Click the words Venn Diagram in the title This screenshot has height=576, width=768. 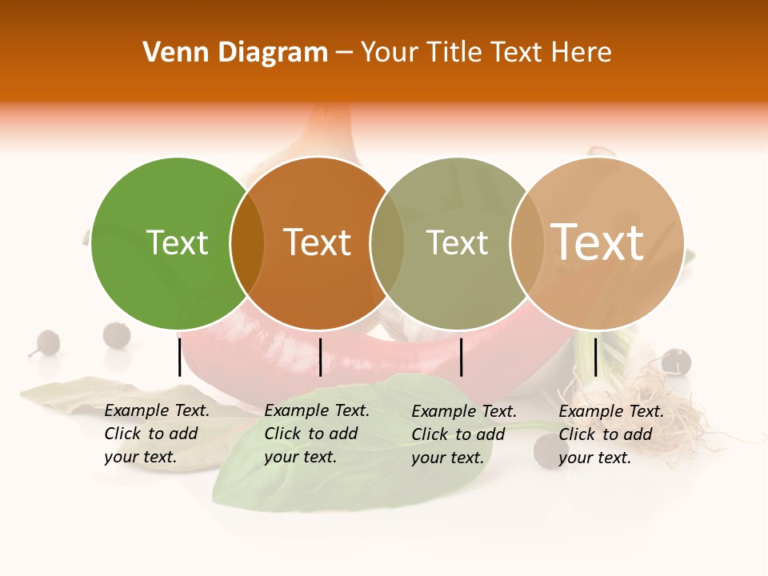235,53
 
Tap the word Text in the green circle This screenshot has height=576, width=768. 177,243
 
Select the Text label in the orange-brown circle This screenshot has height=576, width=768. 318,242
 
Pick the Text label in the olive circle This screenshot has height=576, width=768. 457,243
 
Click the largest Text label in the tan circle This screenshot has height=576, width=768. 598,242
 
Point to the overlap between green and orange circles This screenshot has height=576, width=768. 247,243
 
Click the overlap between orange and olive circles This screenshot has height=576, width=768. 387,243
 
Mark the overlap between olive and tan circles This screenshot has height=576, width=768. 526,243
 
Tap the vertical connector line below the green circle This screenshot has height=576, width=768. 179,357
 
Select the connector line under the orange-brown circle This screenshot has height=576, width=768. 320,357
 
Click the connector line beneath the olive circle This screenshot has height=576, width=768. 462,357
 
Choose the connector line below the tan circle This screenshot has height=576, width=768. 595,357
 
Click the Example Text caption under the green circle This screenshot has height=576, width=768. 157,434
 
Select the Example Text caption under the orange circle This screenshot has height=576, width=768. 317,434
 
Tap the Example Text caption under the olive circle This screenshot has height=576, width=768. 464,434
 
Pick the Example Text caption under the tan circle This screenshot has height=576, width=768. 611,434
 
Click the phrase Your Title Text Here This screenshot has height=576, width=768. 486,53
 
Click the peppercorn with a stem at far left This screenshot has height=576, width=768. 47,342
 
